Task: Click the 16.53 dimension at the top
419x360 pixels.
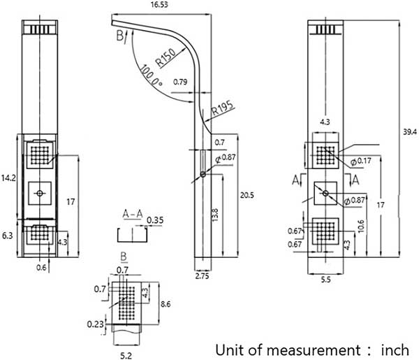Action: (x=159, y=4)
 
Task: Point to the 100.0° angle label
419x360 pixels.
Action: (x=151, y=79)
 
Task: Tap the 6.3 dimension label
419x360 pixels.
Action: (x=8, y=236)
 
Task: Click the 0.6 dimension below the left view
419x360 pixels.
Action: (x=41, y=266)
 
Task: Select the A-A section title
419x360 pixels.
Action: (x=132, y=213)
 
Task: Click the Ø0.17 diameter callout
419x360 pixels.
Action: (x=362, y=162)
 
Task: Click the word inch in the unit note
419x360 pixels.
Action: (x=397, y=349)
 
